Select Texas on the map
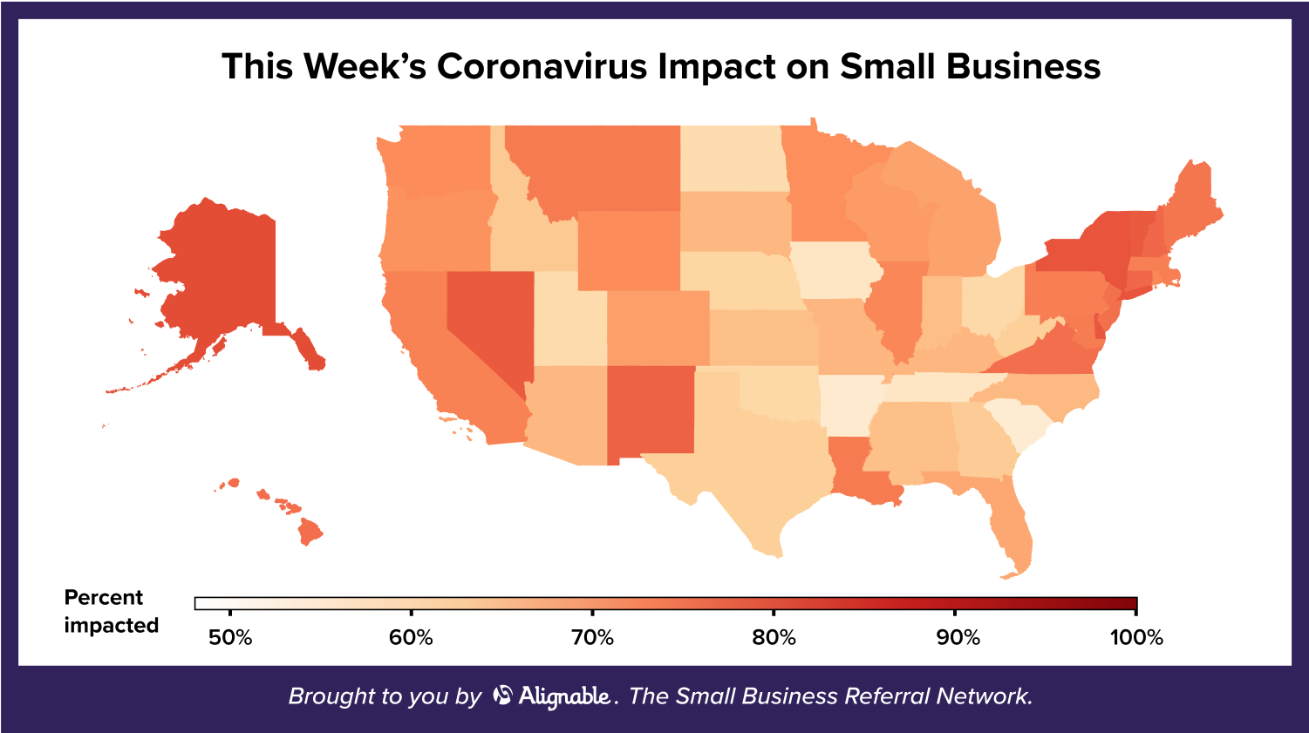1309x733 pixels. [x=759, y=462]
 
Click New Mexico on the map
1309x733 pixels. [x=650, y=410]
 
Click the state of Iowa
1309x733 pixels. [x=833, y=270]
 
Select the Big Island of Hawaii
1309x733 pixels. [x=309, y=531]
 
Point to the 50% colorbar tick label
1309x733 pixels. [x=230, y=638]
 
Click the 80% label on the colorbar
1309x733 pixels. [x=774, y=638]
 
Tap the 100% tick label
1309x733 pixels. [x=1136, y=638]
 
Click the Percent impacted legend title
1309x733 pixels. [x=111, y=611]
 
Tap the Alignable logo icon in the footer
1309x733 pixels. [x=502, y=695]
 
